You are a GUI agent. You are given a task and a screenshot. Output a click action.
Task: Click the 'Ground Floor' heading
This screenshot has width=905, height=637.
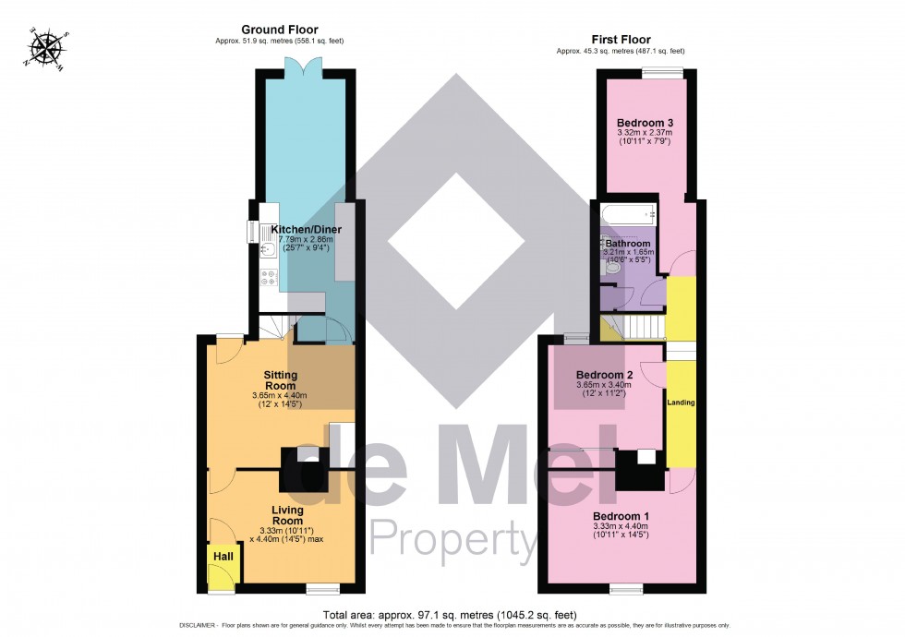click(279, 30)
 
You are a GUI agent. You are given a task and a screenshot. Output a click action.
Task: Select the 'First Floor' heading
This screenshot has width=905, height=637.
click(621, 40)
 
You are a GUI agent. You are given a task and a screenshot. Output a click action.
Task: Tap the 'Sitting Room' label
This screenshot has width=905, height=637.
click(281, 380)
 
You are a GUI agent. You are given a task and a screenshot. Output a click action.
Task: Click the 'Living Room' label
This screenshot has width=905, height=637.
click(287, 515)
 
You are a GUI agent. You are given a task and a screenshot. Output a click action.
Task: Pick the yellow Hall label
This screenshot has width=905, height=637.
click(223, 557)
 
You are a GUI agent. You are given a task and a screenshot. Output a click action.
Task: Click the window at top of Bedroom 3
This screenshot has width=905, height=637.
click(663, 74)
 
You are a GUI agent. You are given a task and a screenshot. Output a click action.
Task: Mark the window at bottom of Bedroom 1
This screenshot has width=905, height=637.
click(625, 588)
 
